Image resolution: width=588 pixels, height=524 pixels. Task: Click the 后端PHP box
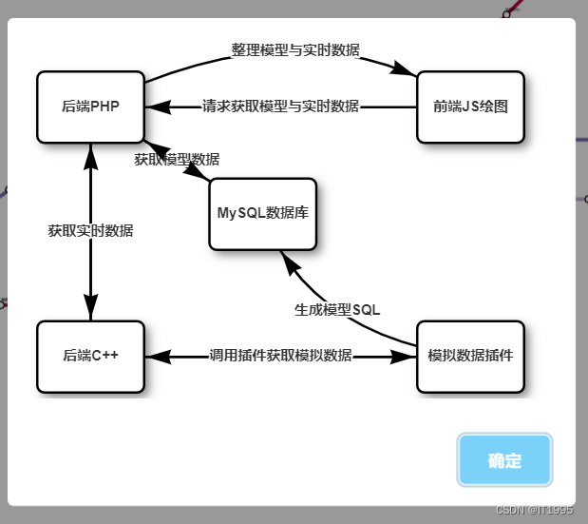[90, 107]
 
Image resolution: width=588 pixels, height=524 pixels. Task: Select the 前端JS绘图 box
[470, 107]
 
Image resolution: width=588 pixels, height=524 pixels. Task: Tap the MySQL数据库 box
[262, 214]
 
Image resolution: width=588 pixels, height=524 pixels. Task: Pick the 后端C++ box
[90, 356]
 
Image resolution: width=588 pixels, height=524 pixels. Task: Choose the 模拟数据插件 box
[470, 356]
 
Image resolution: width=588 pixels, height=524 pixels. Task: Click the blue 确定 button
[504, 461]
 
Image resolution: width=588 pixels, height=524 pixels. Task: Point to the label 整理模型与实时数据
[295, 49]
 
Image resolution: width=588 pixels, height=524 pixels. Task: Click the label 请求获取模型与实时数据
[281, 107]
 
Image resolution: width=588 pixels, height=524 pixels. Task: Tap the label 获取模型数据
[177, 159]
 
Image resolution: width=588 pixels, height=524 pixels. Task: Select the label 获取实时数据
[90, 230]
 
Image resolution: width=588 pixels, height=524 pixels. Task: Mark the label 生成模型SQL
[337, 309]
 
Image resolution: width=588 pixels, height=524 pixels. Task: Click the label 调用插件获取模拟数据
[280, 356]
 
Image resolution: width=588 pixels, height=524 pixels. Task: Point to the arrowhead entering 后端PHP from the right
[157, 107]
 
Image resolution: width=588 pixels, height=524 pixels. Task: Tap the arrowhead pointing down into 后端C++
[90, 308]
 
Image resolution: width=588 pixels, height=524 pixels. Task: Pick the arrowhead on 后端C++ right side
[157, 356]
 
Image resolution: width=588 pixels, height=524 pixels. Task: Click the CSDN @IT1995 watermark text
[535, 510]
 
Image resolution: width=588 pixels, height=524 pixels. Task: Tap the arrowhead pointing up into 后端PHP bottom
[90, 155]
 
